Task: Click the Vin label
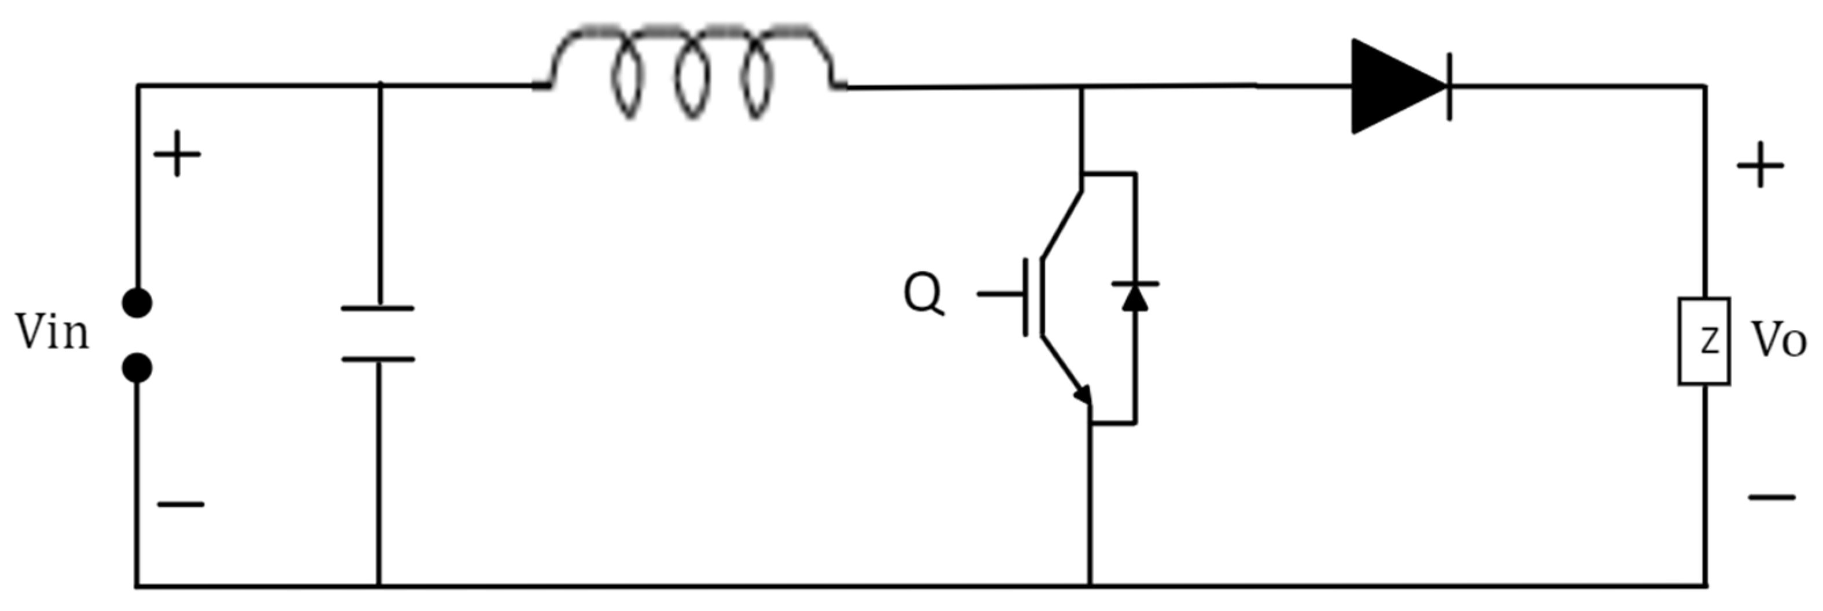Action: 53,333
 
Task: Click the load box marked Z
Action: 1703,341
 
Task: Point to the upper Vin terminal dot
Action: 136,303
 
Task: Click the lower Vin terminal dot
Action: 136,368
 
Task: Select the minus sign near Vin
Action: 180,505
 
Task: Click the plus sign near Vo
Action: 1760,165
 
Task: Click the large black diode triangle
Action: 1390,86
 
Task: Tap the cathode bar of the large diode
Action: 1449,86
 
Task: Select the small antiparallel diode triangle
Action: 1135,299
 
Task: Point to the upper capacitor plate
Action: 377,308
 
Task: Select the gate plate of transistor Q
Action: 1025,297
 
